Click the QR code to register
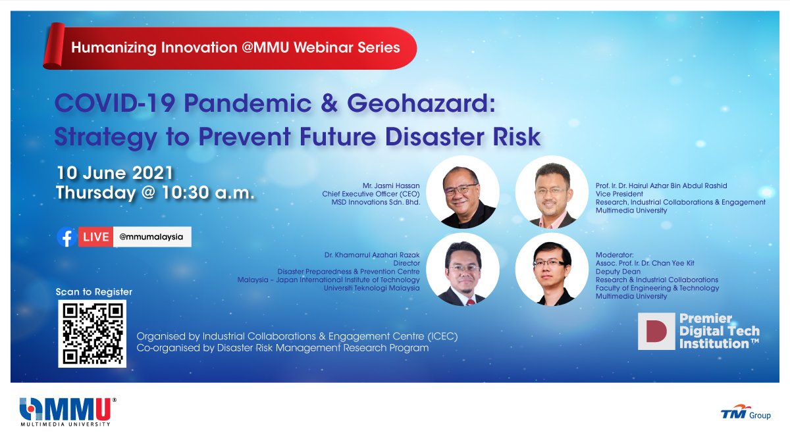point(92,333)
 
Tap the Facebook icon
point(67,237)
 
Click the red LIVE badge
point(95,237)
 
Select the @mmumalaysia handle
point(151,237)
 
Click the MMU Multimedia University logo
point(68,412)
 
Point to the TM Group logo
point(745,412)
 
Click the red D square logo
point(656,332)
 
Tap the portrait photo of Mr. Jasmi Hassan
point(463,192)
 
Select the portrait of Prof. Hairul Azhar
point(552,192)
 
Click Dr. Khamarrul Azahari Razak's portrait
point(463,270)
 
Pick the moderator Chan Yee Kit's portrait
point(552,270)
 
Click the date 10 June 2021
point(115,173)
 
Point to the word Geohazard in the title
point(421,104)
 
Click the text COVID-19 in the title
point(115,104)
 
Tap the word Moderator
point(615,255)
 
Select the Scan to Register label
point(93,292)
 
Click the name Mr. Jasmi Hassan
point(391,185)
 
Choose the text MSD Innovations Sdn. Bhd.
point(376,203)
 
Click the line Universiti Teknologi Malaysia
point(372,288)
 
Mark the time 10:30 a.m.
point(208,193)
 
